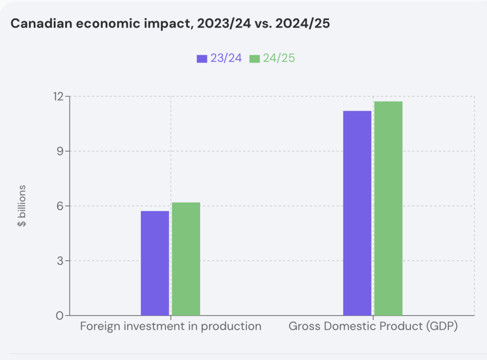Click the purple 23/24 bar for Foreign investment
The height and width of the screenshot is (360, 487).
[155, 263]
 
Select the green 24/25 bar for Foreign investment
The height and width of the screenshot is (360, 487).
[186, 259]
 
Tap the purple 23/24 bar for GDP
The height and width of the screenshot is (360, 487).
[357, 213]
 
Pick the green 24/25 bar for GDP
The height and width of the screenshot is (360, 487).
[388, 208]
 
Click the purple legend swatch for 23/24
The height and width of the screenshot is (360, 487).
[202, 58]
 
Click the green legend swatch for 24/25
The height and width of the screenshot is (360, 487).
[254, 58]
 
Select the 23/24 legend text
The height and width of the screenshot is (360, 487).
[226, 58]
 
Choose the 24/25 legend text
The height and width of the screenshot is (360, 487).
[279, 58]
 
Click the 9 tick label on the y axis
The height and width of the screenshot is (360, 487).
[60, 151]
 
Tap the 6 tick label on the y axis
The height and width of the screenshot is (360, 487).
[60, 206]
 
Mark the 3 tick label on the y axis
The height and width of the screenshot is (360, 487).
[60, 261]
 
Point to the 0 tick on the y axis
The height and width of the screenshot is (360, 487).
[60, 315]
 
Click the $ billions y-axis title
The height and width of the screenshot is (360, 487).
[22, 205]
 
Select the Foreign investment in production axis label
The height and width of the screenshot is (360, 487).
[171, 327]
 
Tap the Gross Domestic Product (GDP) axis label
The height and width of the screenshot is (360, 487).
[373, 327]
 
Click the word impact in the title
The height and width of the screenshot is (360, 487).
[149, 24]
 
